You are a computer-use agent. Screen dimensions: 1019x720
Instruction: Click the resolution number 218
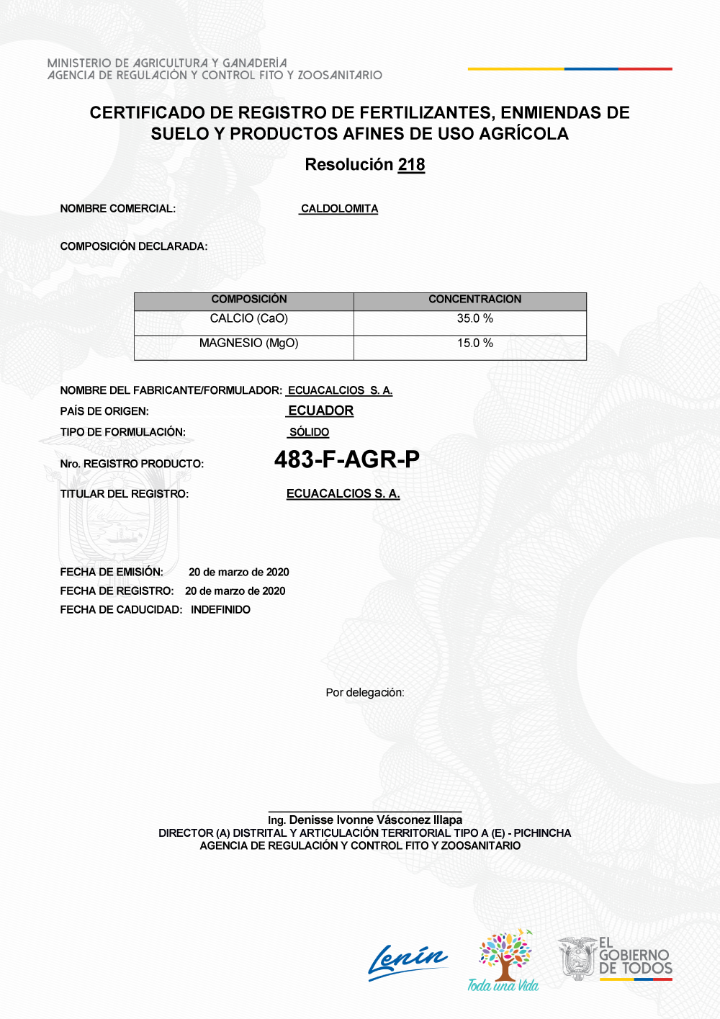click(x=411, y=165)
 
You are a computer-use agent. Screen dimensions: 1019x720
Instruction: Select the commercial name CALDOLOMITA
click(x=339, y=209)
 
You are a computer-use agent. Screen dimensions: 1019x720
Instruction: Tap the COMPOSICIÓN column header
click(x=249, y=300)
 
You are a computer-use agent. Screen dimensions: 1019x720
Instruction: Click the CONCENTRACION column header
click(x=474, y=300)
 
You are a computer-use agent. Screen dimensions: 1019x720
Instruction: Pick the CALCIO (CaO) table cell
click(x=249, y=319)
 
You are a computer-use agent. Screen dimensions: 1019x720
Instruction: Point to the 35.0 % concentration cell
click(x=474, y=319)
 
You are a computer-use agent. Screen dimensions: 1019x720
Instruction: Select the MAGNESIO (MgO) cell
click(x=249, y=344)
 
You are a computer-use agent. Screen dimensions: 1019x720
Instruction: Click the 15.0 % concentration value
click(x=474, y=344)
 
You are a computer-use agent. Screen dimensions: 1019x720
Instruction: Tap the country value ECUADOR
click(x=320, y=410)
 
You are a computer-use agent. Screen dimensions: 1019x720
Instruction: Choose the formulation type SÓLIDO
click(x=309, y=432)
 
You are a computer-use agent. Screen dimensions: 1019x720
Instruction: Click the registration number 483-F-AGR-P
click(x=346, y=459)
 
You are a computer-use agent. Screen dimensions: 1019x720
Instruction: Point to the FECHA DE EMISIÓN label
click(x=112, y=572)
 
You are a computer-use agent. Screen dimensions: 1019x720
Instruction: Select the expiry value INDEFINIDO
click(x=220, y=610)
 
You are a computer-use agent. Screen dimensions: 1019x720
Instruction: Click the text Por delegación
click(x=365, y=693)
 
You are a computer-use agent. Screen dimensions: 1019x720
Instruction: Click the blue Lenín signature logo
click(x=408, y=962)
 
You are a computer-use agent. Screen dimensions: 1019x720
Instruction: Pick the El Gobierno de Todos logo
click(x=616, y=959)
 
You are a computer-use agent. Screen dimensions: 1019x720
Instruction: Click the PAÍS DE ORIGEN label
click(x=104, y=411)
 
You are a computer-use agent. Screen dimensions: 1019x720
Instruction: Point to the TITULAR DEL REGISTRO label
click(x=125, y=494)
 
